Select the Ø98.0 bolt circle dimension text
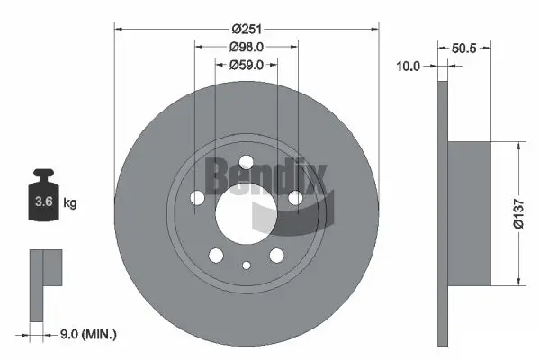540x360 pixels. coord(246,48)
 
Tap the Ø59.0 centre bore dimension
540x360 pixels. coord(246,65)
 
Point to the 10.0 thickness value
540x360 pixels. coord(409,66)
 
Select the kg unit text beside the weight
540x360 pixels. coord(70,203)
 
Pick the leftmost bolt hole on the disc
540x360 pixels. coord(197,198)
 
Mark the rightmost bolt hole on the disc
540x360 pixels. coord(295,198)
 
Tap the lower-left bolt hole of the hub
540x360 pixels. coord(216,256)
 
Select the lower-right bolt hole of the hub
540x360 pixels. coord(276,256)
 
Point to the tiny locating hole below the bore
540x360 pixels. coord(247,265)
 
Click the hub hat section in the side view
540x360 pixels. coord(469,213)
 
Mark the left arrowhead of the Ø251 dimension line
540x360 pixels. coord(119,29)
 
